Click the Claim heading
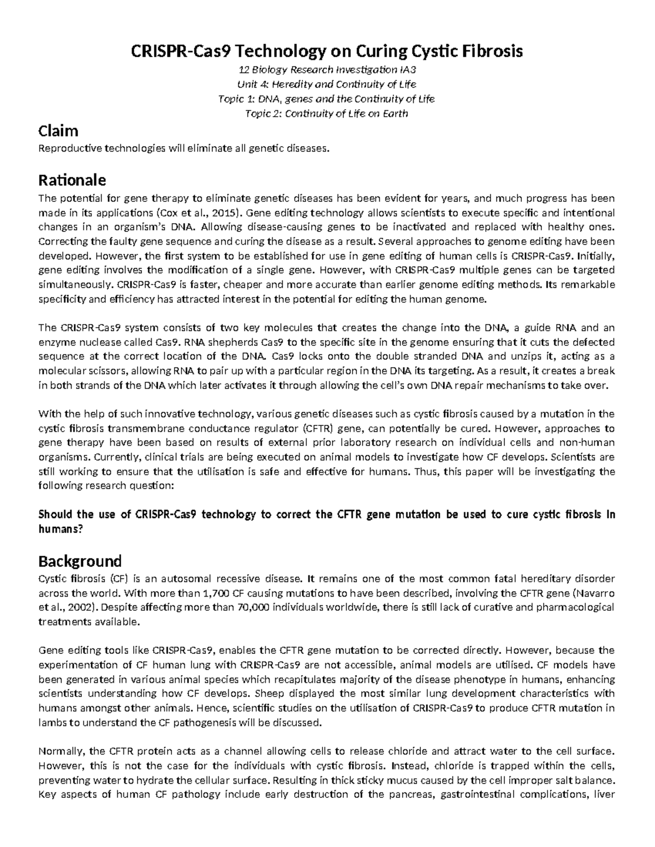(x=58, y=131)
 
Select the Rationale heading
(x=72, y=180)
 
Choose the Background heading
(x=80, y=561)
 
